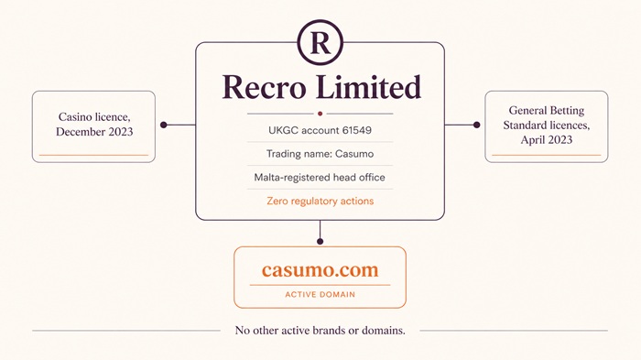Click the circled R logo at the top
click(x=320, y=42)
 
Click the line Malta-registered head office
click(x=320, y=177)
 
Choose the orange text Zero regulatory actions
click(x=320, y=201)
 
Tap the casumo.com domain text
click(x=320, y=270)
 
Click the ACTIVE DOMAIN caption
click(x=320, y=294)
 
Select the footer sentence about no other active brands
click(x=320, y=330)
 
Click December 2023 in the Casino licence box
click(x=94, y=132)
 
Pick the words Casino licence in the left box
click(x=94, y=117)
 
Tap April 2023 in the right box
click(x=546, y=140)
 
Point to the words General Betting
click(x=546, y=111)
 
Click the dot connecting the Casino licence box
click(x=164, y=125)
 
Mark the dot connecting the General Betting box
click(x=476, y=125)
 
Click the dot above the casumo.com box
click(x=320, y=241)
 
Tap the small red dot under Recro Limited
click(x=320, y=114)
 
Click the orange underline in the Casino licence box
click(x=94, y=155)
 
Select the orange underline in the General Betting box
click(x=546, y=155)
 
